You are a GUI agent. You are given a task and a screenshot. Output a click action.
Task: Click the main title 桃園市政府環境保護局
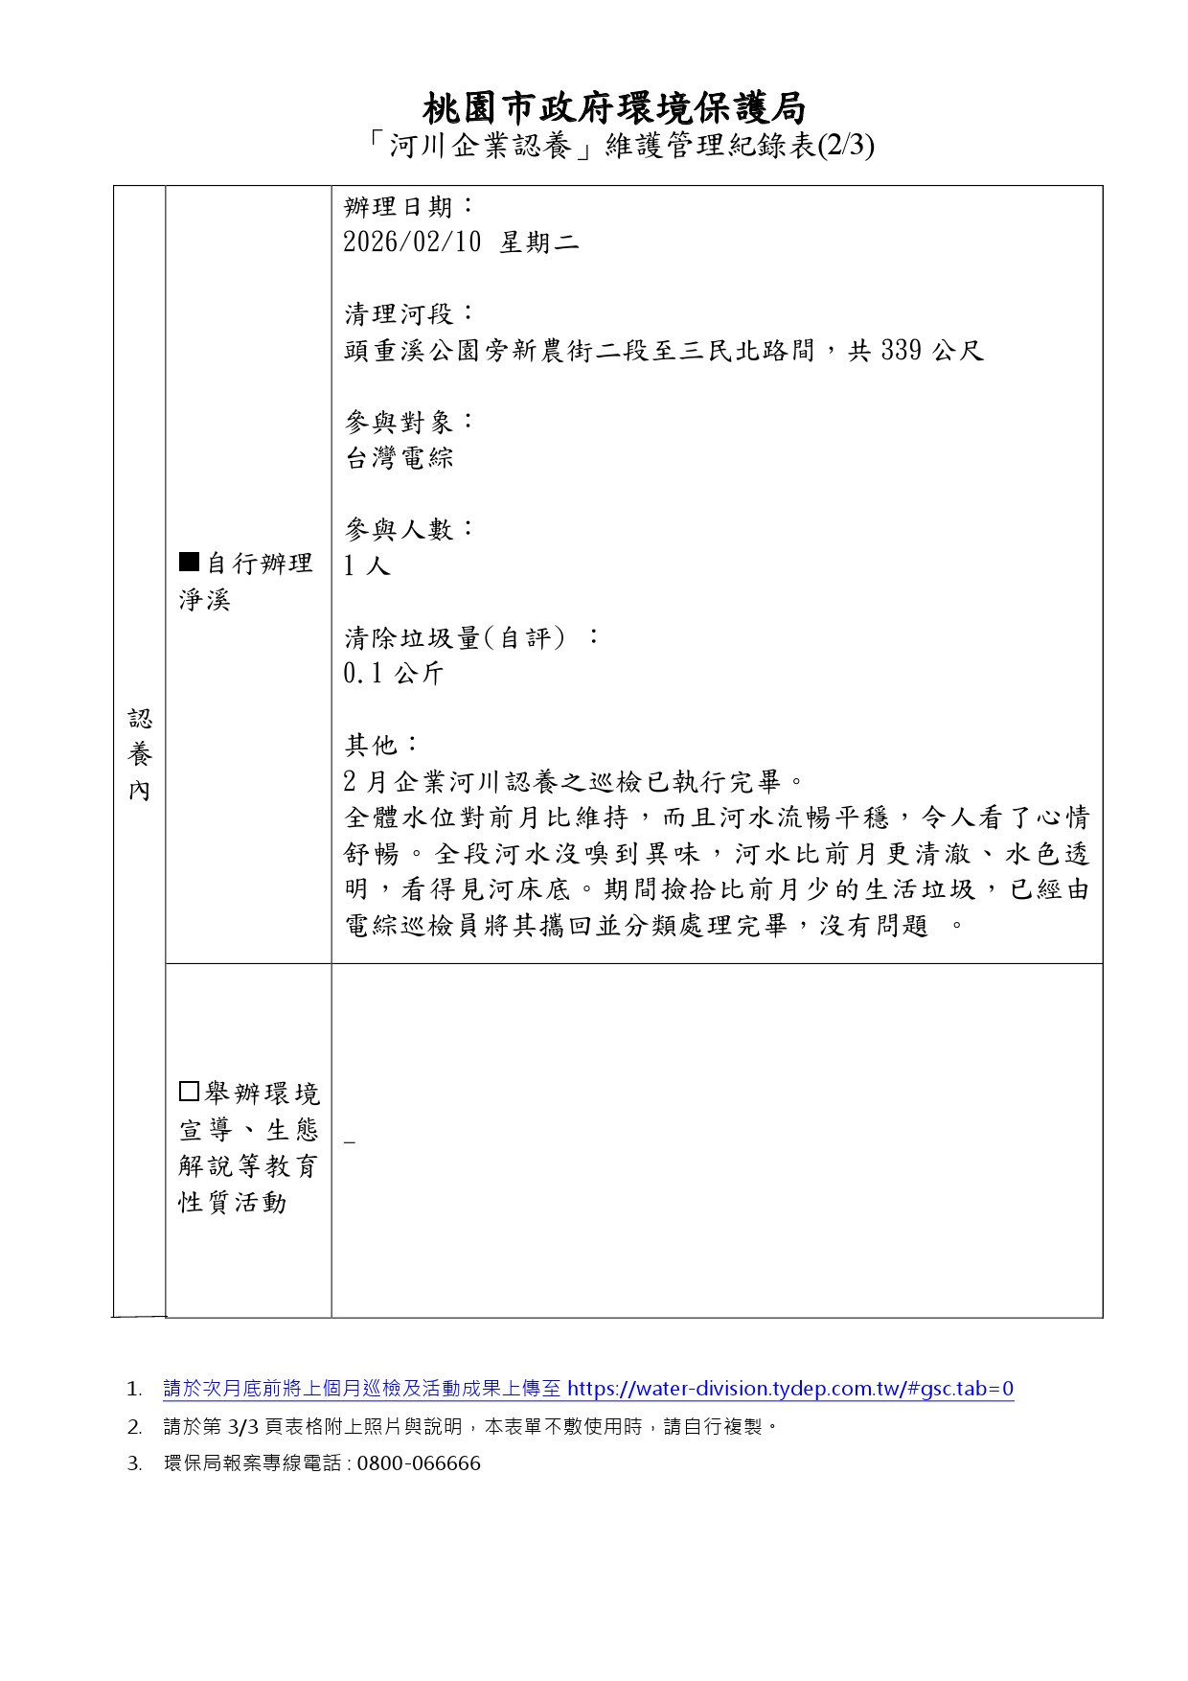(x=613, y=108)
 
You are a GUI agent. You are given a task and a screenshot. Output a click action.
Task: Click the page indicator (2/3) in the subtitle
(x=845, y=147)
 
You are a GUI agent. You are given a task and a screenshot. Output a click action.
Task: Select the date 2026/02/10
(x=412, y=242)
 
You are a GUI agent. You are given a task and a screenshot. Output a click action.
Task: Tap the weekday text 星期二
(x=539, y=242)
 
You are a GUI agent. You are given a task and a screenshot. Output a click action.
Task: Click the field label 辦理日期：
(x=409, y=206)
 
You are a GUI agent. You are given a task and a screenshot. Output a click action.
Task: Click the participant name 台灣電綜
(x=399, y=458)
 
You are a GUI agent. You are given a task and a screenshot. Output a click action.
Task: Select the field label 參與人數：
(x=409, y=529)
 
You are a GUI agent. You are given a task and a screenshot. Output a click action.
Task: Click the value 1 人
(x=367, y=566)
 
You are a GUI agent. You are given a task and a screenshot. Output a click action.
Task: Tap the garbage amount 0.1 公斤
(x=394, y=674)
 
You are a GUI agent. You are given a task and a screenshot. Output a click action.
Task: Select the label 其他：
(x=381, y=745)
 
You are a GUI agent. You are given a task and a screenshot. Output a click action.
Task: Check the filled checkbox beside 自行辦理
(x=189, y=562)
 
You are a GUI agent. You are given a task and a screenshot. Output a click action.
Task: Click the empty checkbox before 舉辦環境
(x=189, y=1092)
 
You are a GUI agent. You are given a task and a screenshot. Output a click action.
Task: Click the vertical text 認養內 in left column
(x=140, y=754)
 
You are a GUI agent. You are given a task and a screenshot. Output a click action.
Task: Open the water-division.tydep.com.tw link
(x=789, y=1389)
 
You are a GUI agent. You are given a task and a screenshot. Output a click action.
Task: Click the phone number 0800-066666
(x=419, y=1463)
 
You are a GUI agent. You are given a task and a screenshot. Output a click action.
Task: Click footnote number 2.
(x=134, y=1427)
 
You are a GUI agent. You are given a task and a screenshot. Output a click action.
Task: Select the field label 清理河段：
(x=409, y=314)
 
